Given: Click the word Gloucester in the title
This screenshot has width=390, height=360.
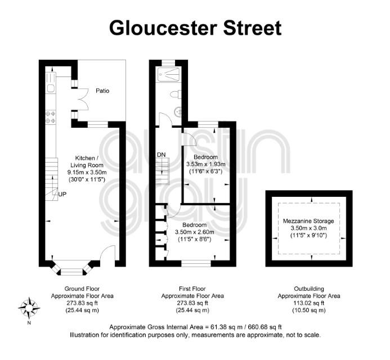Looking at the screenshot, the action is coord(163,28).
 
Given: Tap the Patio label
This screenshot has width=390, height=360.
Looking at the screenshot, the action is coord(102,91).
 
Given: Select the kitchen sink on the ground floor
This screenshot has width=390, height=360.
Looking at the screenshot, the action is coord(51,88).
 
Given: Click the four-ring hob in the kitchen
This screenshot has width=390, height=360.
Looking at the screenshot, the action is coord(50,118).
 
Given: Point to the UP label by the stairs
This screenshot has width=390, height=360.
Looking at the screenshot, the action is coord(62,194).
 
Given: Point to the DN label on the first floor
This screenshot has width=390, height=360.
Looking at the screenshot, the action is coord(161,155).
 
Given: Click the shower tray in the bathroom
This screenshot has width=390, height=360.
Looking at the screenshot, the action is coord(168,74).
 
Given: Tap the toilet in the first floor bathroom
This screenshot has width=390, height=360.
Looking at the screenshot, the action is coord(176,94).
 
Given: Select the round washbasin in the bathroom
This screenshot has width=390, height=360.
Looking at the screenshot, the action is coord(178,111).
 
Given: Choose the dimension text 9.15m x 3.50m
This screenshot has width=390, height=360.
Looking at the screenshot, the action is coord(87,172).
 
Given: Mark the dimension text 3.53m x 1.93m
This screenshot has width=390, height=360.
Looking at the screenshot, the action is coord(206,164).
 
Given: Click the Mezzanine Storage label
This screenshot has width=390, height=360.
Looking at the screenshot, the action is coord(308,221).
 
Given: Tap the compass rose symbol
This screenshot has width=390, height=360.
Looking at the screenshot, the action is coord(29,308).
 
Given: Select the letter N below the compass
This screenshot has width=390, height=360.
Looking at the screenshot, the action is coord(29,323).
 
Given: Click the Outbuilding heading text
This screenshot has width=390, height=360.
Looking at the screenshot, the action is coord(309,289).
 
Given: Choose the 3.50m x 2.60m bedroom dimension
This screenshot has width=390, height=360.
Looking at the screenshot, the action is coord(195,232).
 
